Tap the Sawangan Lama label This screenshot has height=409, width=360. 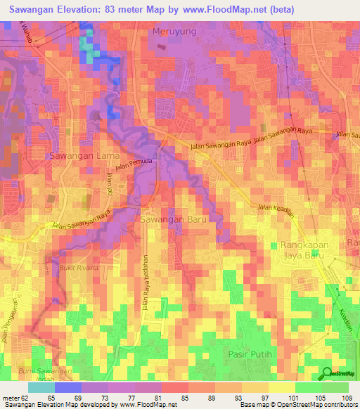click(79, 155)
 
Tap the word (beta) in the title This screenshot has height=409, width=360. click(280, 9)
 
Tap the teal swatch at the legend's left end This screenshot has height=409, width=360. click(41, 387)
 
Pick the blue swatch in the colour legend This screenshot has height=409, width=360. click(67, 387)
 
